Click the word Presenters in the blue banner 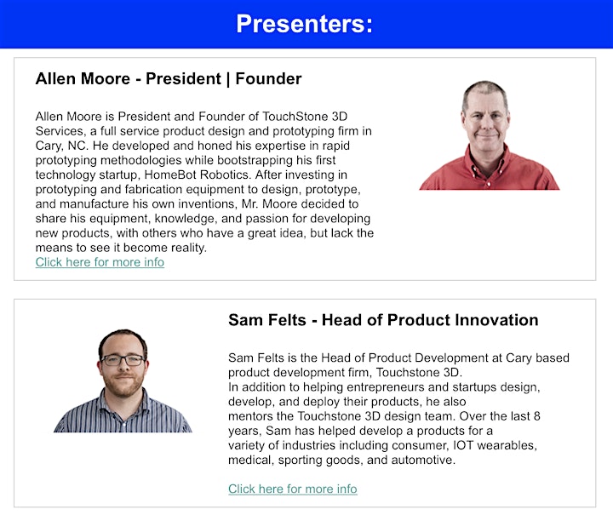point(301,24)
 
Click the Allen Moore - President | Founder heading point(169,78)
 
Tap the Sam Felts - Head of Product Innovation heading point(383,319)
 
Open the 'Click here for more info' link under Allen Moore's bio point(100,262)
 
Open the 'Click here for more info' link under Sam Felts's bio point(292,489)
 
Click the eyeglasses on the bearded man point(123,360)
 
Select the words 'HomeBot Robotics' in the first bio point(197,175)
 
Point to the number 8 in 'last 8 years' point(536,415)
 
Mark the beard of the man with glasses point(123,385)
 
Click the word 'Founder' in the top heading point(268,78)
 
